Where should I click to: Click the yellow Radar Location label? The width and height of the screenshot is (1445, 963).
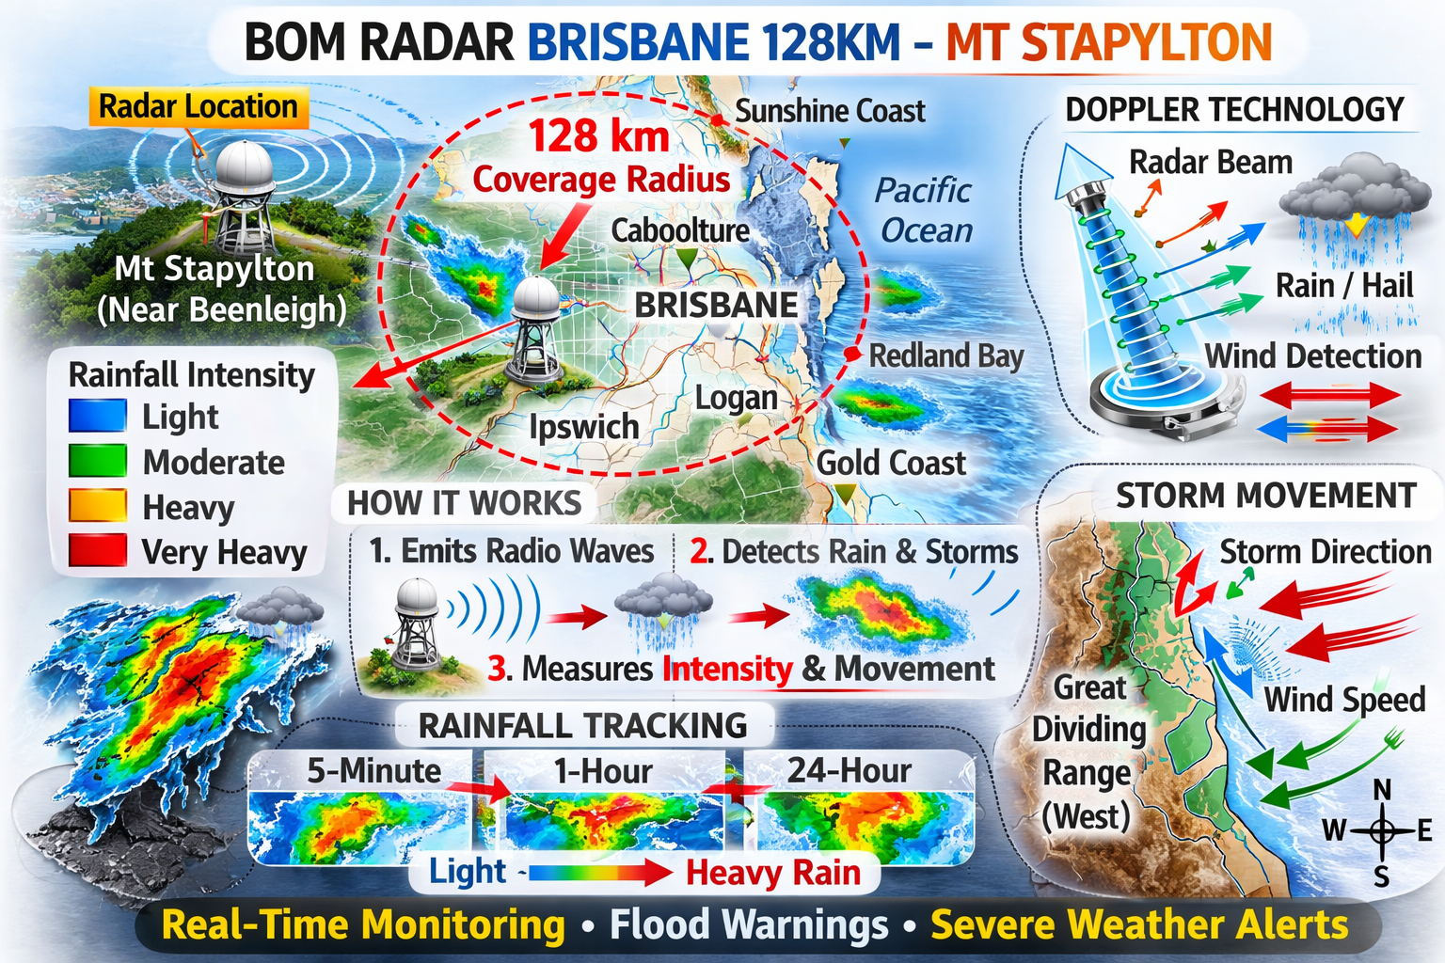pyautogui.click(x=198, y=107)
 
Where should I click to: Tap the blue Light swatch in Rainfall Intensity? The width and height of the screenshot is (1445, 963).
pyautogui.click(x=97, y=416)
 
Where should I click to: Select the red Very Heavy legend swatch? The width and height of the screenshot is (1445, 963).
pyautogui.click(x=97, y=550)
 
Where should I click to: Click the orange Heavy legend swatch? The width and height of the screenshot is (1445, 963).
pyautogui.click(x=97, y=506)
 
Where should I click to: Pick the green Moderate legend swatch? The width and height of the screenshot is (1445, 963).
pyautogui.click(x=97, y=461)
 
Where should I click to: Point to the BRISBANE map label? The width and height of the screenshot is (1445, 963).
pyautogui.click(x=716, y=306)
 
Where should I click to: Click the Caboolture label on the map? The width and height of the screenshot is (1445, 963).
pyautogui.click(x=680, y=230)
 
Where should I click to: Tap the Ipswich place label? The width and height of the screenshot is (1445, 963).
pyautogui.click(x=583, y=427)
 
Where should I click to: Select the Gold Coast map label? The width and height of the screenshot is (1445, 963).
pyautogui.click(x=890, y=464)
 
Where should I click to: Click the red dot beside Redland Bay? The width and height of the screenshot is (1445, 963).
pyautogui.click(x=852, y=355)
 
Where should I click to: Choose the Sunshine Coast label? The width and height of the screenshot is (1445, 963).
pyautogui.click(x=830, y=111)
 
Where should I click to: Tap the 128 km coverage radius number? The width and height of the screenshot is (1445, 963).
pyautogui.click(x=599, y=136)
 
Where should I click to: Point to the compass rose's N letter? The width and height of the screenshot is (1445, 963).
pyautogui.click(x=1382, y=790)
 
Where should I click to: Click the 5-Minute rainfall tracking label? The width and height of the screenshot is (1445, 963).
pyautogui.click(x=373, y=771)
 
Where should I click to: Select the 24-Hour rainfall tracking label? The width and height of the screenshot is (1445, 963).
pyautogui.click(x=849, y=771)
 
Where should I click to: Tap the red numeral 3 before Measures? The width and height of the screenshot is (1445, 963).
pyautogui.click(x=498, y=669)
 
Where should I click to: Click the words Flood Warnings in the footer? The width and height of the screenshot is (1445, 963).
pyautogui.click(x=749, y=925)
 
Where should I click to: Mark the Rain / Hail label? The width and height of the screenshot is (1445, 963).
pyautogui.click(x=1344, y=286)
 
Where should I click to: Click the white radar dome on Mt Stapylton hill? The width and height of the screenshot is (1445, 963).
pyautogui.click(x=245, y=167)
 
